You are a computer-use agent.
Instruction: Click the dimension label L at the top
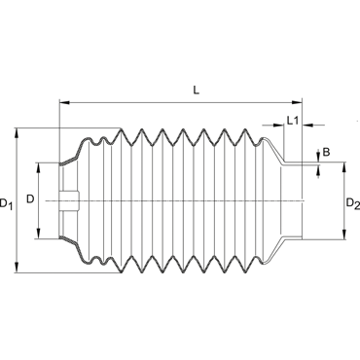pyautogui.click(x=196, y=90)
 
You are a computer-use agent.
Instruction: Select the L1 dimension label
pyautogui.click(x=293, y=121)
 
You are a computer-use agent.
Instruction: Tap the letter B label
pyautogui.click(x=326, y=152)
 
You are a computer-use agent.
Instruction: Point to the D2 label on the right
pyautogui.click(x=353, y=203)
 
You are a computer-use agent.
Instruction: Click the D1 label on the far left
pyautogui.click(x=6, y=203)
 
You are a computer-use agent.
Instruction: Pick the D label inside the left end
pyautogui.click(x=30, y=199)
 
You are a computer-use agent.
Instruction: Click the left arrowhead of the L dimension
pyautogui.click(x=64, y=102)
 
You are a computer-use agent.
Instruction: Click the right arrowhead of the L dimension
pyautogui.click(x=297, y=102)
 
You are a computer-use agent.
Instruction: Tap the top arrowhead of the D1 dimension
pyautogui.click(x=17, y=133)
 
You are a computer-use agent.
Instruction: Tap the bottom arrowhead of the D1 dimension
pyautogui.click(x=17, y=268)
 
